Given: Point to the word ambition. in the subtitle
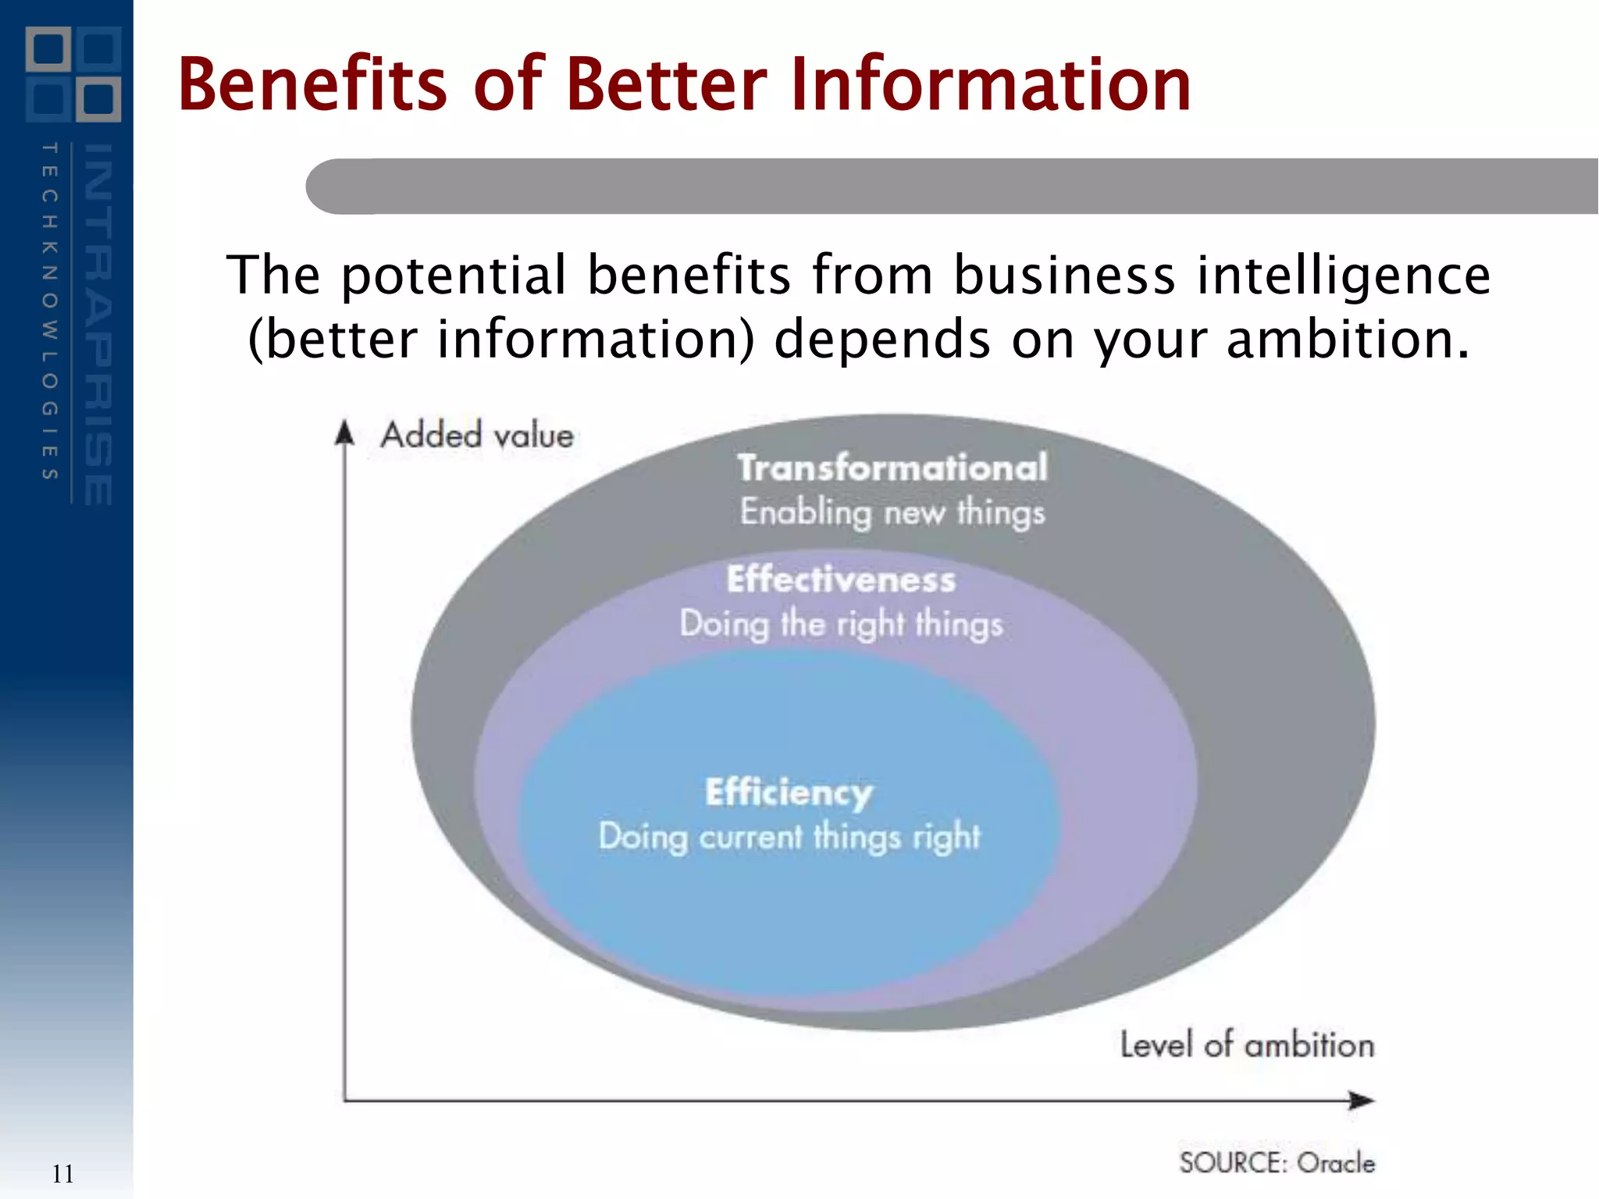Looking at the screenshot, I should tap(1348, 340).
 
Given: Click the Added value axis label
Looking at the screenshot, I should tap(477, 435).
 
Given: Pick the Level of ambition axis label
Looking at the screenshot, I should tap(1247, 1044).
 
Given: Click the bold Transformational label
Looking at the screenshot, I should tap(892, 468).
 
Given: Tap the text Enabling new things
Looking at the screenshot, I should tap(892, 513).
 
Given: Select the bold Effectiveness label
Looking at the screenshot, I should tap(841, 579).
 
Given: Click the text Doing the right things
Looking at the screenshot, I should tap(841, 624).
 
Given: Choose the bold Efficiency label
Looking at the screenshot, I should tap(789, 792).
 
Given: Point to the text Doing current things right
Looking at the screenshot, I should tap(789, 837).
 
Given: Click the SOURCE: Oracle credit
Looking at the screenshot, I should tap(1277, 1162).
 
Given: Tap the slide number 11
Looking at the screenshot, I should tap(62, 1173).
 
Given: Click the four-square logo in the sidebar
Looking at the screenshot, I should tap(73, 74).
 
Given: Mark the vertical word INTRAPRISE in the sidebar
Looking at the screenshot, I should tap(98, 324).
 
